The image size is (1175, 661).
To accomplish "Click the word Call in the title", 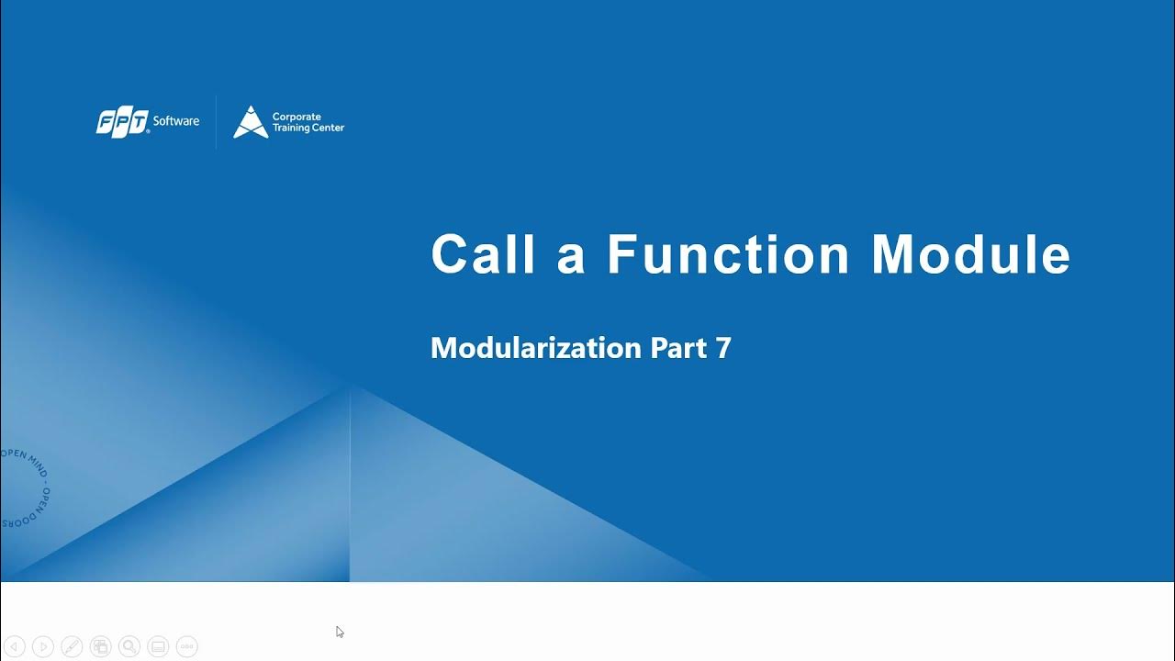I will [x=483, y=254].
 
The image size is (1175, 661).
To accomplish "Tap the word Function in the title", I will [x=728, y=254].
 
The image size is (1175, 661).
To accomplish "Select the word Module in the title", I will [x=970, y=254].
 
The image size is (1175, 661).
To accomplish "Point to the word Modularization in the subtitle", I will [x=535, y=348].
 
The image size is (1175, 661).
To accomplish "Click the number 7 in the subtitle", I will [x=723, y=348].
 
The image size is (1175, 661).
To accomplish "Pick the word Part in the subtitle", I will [x=678, y=348].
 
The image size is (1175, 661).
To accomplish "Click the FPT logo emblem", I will [x=122, y=122].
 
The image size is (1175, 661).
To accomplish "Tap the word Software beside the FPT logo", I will [x=176, y=121].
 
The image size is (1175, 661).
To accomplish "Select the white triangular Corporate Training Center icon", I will [x=250, y=122].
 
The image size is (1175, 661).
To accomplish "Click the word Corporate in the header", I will [x=297, y=117].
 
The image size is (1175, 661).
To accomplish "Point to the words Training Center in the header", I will [x=308, y=129].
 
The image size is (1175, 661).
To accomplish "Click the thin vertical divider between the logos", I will [x=216, y=122].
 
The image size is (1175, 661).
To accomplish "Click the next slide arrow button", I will [x=43, y=646].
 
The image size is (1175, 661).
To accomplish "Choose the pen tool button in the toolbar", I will [x=72, y=646].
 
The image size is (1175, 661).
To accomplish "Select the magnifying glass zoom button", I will [x=129, y=646].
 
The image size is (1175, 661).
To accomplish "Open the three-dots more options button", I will [x=186, y=646].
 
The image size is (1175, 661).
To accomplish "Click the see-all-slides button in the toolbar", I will [x=101, y=646].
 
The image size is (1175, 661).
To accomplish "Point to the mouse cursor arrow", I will [x=340, y=632].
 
